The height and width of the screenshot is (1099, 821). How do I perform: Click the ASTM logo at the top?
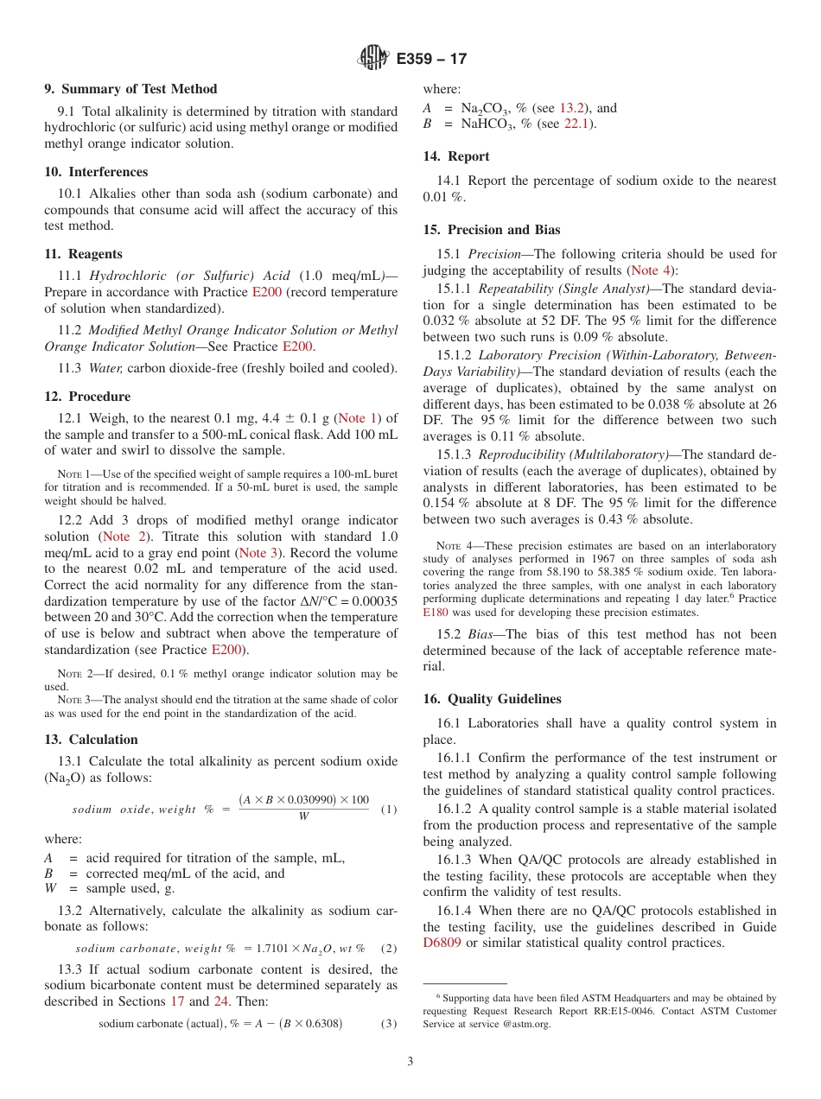click(373, 59)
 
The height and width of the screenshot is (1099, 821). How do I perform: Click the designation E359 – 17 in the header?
click(431, 60)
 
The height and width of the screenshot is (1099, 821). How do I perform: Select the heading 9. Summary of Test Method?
click(130, 89)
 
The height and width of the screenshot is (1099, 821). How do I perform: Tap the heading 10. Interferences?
click(96, 172)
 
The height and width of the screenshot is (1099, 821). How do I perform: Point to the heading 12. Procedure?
click(87, 397)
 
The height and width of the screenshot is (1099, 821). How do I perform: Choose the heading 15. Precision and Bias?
click(491, 230)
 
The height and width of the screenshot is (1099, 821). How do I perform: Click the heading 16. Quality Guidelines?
click(492, 699)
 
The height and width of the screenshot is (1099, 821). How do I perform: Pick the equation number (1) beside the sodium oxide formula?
click(389, 810)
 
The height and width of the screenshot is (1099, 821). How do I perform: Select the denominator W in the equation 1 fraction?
click(303, 816)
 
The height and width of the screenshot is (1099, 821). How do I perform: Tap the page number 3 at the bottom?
click(410, 1062)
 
